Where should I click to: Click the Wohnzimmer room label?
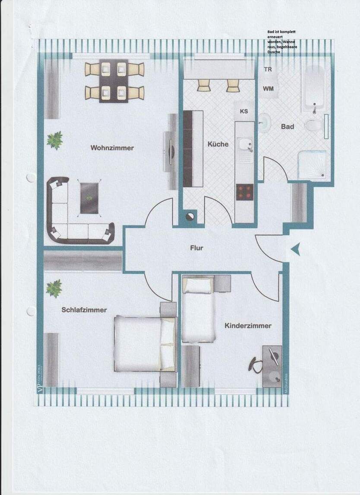click(112, 148)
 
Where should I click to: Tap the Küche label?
click(218, 144)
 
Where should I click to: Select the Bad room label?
click(287, 127)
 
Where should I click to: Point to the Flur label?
click(196, 248)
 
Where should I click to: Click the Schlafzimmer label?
click(84, 310)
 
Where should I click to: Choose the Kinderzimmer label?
click(248, 326)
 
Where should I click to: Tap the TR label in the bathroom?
click(268, 69)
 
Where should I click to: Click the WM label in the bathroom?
click(268, 88)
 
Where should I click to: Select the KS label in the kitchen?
click(244, 111)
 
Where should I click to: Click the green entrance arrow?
click(295, 249)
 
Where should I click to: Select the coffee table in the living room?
click(90, 198)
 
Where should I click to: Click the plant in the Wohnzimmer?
click(55, 140)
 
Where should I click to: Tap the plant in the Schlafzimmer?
click(54, 288)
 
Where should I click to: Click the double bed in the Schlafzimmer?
click(145, 344)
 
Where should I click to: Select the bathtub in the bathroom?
click(313, 89)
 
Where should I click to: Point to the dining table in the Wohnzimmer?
click(114, 81)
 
